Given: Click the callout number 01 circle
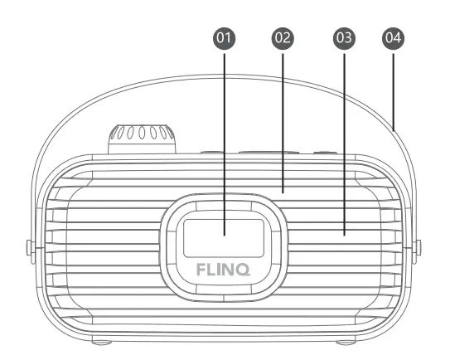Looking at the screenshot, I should pos(225,38).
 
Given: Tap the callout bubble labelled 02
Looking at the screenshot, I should pos(283,38).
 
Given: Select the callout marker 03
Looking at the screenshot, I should pos(342,38).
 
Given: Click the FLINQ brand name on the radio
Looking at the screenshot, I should pos(225,269).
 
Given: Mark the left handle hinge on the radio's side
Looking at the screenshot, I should pos(29,246).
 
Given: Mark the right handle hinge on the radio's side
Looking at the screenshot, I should pos(419,246).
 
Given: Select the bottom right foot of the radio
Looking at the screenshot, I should pos(348,341).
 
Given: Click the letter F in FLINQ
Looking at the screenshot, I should pos(201,269).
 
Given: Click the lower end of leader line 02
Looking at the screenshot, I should pos(283,191).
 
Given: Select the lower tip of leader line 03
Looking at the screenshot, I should pos(342,235).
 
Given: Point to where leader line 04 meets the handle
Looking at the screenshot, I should pos(394,129).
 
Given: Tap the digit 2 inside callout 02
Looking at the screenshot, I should pos(287,38).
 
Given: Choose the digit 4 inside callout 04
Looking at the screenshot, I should pos(397,38).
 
